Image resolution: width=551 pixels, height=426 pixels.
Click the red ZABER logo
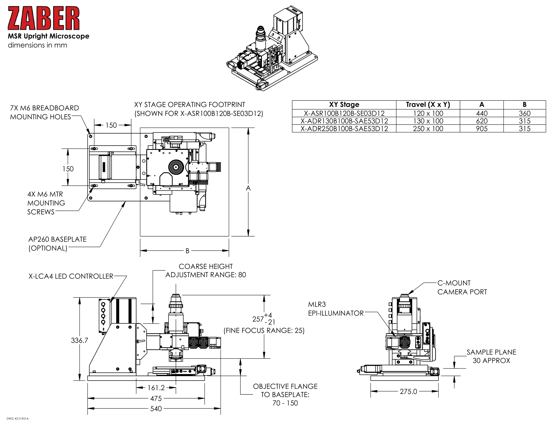[x=43, y=18]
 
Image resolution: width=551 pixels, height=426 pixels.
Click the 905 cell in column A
[x=481, y=129]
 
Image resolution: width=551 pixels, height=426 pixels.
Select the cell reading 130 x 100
[x=428, y=121]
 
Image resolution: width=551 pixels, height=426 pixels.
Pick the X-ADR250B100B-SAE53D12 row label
[x=344, y=129]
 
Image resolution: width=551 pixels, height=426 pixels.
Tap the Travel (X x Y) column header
[x=428, y=104]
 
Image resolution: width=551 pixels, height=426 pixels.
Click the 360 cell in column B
[x=524, y=113]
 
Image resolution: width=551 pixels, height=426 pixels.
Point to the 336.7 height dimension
[x=79, y=341]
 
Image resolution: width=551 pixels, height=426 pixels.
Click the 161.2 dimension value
[x=156, y=388]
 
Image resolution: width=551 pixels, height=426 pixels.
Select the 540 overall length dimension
[x=156, y=409]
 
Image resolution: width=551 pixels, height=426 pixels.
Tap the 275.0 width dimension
[x=408, y=391]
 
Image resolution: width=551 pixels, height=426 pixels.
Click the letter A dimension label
[x=248, y=188]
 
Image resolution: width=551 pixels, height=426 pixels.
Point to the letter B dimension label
[x=187, y=251]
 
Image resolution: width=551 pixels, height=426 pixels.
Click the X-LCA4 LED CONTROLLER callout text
[x=71, y=276]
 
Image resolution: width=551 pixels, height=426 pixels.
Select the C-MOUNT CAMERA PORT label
[x=462, y=287]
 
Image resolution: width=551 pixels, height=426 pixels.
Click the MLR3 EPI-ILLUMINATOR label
[x=336, y=309]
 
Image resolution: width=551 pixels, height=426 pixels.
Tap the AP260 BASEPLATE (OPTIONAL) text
[x=57, y=244]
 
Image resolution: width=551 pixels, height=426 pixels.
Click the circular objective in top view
[x=176, y=167]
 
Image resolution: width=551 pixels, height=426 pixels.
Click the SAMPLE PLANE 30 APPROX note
[x=491, y=356]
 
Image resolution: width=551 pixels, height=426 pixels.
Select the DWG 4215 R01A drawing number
[x=18, y=419]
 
